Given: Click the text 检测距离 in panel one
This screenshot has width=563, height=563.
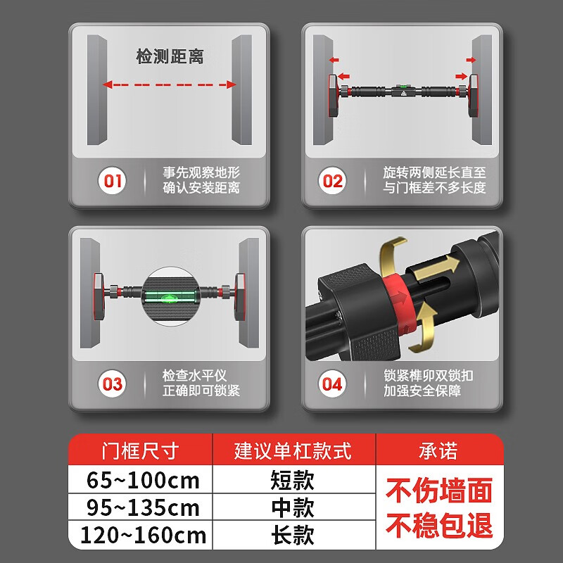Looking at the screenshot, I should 170,57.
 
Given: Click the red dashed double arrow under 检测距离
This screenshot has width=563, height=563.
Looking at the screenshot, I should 169,84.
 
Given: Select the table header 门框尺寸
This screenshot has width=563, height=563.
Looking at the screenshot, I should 140,450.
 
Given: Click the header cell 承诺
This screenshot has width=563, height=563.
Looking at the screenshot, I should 438,450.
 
